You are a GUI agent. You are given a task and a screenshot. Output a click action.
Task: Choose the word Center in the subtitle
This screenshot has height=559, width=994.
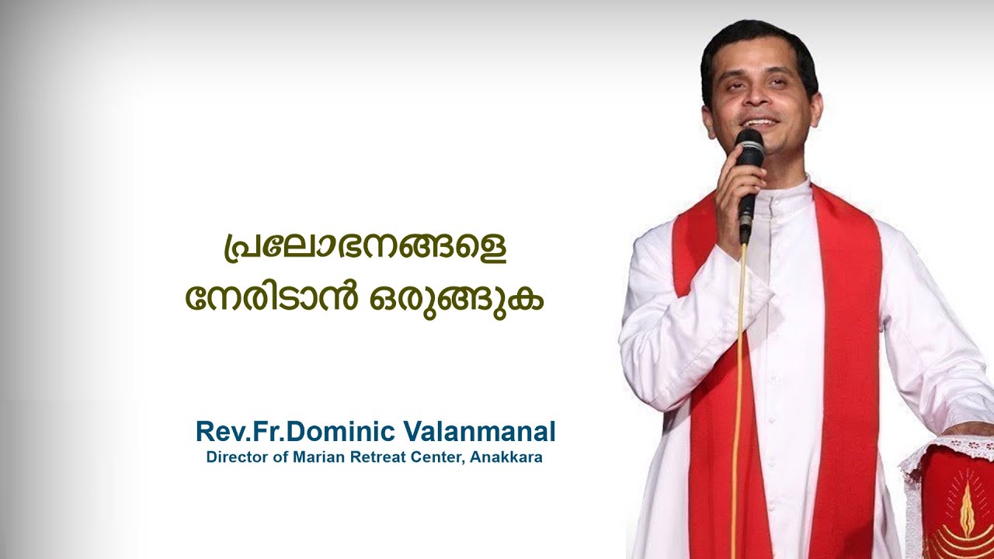(x=440, y=457)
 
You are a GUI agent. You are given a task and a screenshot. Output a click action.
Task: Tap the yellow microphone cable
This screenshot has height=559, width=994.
(x=738, y=388)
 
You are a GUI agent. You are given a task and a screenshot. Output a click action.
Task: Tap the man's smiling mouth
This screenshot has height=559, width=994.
(x=759, y=123)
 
